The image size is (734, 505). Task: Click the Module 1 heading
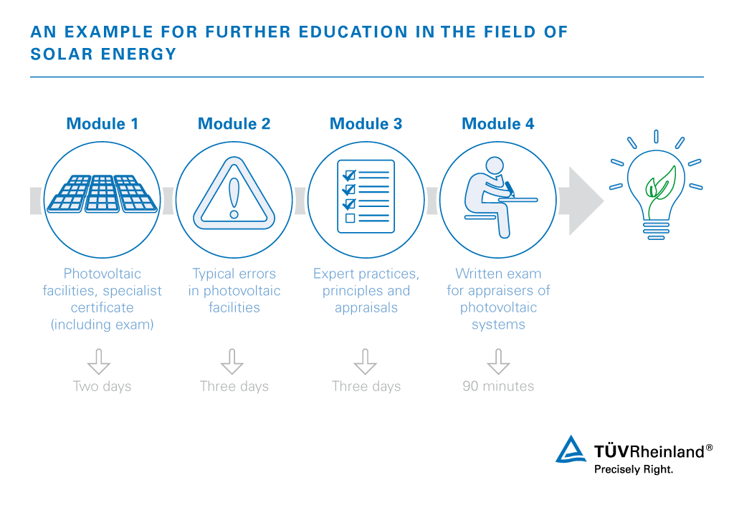point(102,124)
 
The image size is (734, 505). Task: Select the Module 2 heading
point(234,124)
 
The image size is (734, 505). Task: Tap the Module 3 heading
point(366,124)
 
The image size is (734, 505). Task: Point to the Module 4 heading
point(497,124)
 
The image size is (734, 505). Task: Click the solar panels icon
point(102,193)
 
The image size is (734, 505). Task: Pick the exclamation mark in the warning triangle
point(234,197)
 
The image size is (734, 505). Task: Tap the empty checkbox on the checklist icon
point(350,218)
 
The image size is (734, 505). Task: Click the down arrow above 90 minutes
point(497,361)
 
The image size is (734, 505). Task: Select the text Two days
point(102,386)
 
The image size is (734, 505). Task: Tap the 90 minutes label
point(498,386)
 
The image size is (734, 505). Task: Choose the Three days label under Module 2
point(234,386)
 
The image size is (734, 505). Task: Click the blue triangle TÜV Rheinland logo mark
point(571,449)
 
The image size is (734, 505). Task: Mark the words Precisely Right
point(634,470)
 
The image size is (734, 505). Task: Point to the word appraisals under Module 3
point(366,307)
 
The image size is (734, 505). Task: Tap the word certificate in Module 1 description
point(102,307)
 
